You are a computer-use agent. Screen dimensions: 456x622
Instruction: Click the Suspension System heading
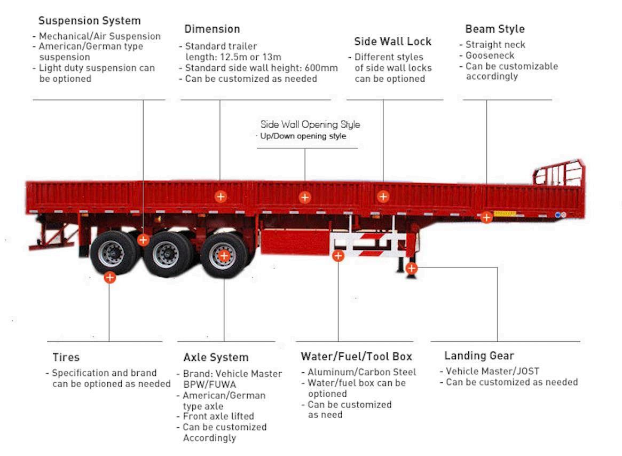click(89, 21)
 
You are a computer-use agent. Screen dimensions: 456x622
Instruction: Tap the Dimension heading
click(212, 29)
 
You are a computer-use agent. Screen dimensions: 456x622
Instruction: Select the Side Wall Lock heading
click(392, 42)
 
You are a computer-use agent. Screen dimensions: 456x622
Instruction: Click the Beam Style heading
click(494, 29)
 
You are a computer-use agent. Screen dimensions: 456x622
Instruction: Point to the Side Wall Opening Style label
click(310, 124)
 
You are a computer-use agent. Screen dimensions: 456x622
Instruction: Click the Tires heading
click(66, 357)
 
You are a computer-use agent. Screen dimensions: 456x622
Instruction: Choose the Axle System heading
click(216, 357)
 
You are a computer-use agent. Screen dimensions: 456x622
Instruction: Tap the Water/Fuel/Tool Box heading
click(356, 356)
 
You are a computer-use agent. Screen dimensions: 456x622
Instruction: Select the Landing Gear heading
click(479, 356)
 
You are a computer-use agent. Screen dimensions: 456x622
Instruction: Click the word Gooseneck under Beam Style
click(490, 56)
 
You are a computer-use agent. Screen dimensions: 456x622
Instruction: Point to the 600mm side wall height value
click(322, 68)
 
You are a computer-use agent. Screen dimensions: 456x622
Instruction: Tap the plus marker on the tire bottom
click(109, 277)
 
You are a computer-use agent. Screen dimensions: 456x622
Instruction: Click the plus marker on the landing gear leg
click(411, 268)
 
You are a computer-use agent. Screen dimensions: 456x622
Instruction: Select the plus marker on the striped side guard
click(338, 256)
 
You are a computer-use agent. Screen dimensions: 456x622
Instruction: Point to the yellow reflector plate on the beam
click(504, 214)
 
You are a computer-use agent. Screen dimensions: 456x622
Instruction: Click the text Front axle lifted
click(218, 416)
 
